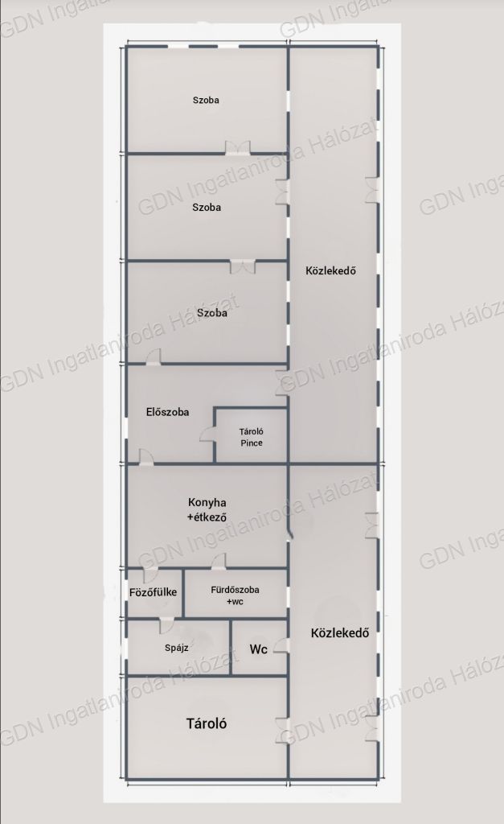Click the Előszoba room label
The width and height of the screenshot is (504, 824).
point(167,412)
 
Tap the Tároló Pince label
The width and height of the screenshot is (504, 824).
point(252,437)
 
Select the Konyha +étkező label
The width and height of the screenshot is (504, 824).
point(207,509)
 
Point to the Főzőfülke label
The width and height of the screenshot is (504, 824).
point(153,592)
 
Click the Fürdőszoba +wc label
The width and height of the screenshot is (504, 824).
point(235,595)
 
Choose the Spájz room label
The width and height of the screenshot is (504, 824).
point(176,648)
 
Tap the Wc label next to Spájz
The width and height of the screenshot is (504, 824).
point(258,649)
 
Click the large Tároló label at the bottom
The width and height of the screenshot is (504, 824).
point(207,723)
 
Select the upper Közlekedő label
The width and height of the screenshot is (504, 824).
point(330,270)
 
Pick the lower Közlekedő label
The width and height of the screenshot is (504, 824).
point(340,632)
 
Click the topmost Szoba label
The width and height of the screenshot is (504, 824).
point(206,100)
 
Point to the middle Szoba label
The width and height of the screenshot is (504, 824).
point(207,208)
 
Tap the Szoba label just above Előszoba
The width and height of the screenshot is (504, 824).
point(212,313)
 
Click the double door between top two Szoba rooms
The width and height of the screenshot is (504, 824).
point(239,148)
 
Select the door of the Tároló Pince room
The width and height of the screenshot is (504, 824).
point(208,435)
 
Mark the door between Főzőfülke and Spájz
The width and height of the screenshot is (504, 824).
point(166,625)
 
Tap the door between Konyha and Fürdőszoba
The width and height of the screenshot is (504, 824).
point(219,561)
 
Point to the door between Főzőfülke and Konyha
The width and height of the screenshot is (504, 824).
point(150,575)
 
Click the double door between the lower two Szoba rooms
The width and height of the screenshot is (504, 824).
point(243,266)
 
